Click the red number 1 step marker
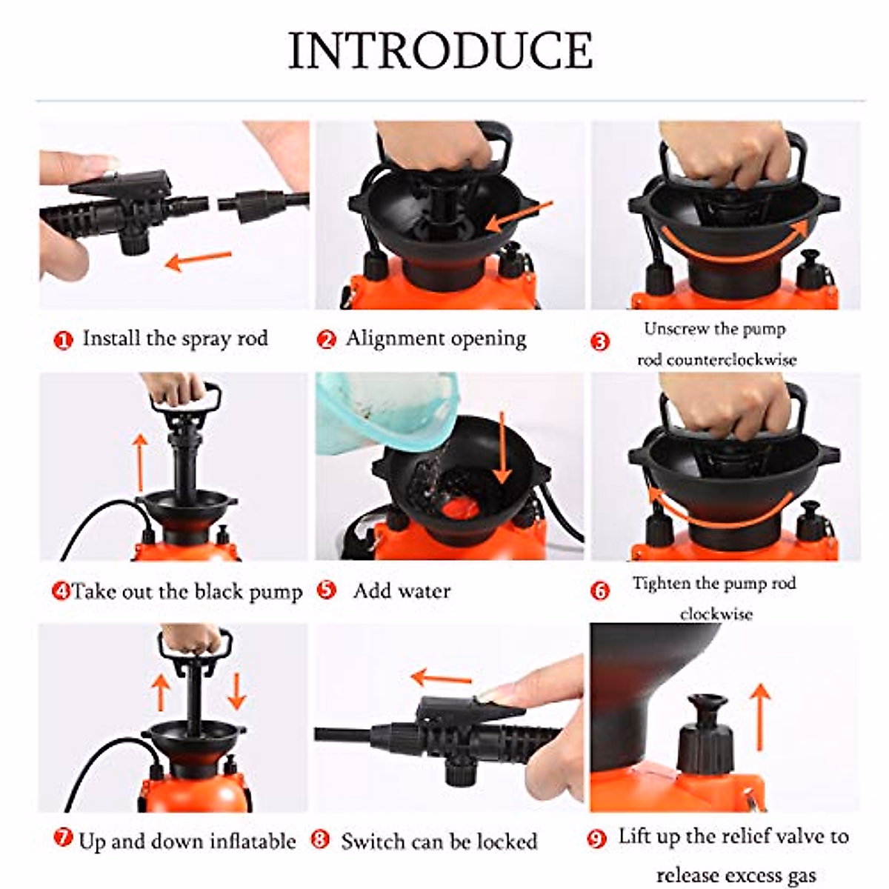(64, 340)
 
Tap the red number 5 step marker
(326, 590)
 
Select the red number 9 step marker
(596, 839)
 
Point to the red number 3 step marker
(599, 342)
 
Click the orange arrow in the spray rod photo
(198, 259)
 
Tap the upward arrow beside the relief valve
(759, 716)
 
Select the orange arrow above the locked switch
(442, 677)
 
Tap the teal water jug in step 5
(385, 415)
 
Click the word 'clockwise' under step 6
(716, 614)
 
